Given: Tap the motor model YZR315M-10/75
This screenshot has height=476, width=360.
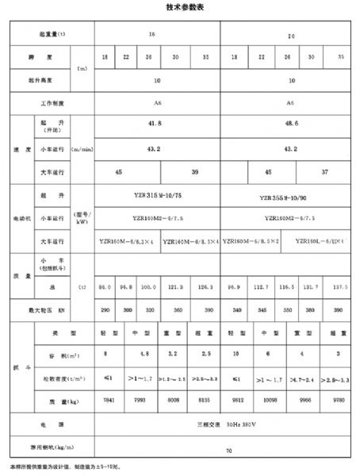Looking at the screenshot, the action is pos(156,195).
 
